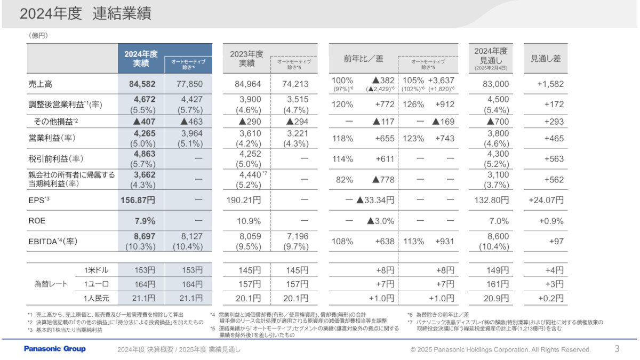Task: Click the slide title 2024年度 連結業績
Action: (85, 14)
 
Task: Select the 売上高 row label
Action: (41, 84)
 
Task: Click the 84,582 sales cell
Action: (141, 84)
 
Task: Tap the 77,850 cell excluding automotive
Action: (188, 84)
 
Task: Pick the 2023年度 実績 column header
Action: (246, 59)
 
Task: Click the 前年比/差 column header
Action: (363, 59)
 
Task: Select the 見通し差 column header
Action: (545, 59)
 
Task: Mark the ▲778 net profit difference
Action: (380, 180)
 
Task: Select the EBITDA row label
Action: (53, 241)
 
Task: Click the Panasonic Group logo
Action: (54, 349)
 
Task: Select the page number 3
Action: (617, 349)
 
